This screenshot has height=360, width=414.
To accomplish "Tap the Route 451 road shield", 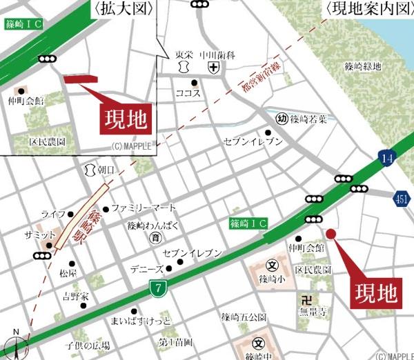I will [402, 199].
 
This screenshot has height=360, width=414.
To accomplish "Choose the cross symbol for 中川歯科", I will [214, 68].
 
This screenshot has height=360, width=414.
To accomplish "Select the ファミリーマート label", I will [144, 208].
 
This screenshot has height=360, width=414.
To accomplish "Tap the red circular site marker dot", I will [330, 234].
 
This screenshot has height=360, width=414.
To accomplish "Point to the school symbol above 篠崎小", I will [272, 266].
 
